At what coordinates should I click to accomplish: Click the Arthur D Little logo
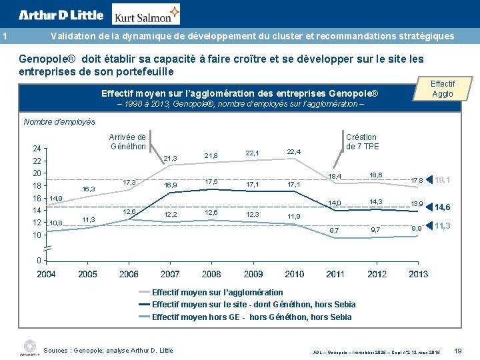coord(61,15)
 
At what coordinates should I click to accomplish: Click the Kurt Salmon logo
coord(146,15)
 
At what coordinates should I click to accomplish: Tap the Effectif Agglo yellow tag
coord(442,89)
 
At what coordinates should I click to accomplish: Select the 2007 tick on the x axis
coord(170,274)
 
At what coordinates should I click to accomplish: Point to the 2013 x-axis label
coord(419,274)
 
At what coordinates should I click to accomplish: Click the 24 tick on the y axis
coord(38,149)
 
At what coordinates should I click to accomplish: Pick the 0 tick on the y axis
coord(39,260)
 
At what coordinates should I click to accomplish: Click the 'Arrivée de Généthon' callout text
coord(127,142)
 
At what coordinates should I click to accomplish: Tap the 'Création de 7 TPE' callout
coord(361,142)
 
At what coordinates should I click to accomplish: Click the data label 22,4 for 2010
coord(294,152)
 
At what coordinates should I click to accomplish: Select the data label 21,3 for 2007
coord(170,158)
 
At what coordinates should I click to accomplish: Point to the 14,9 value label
coord(56,199)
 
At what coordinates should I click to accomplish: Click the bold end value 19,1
coord(442,180)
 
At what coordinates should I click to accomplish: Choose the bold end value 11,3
coord(442,227)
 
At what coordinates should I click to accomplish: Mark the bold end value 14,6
coord(442,207)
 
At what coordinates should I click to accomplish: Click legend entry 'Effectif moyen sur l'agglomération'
coord(217,292)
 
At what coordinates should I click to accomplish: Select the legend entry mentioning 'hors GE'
coord(251,317)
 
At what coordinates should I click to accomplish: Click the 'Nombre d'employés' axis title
coord(59,122)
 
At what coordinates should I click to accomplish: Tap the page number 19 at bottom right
coord(457,351)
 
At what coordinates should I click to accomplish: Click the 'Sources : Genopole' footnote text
coord(108,350)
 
